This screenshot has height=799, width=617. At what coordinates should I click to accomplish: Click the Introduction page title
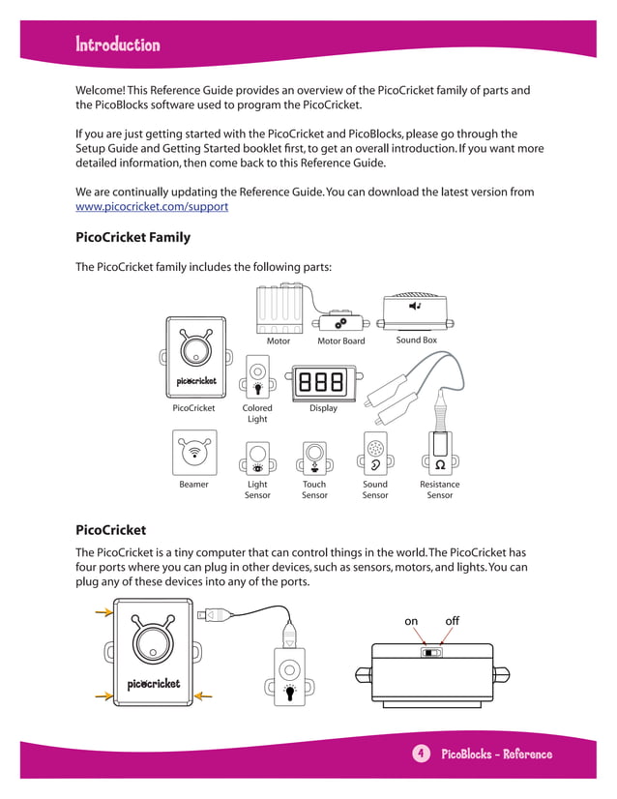(118, 44)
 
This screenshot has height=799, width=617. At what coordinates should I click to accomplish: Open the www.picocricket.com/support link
(152, 207)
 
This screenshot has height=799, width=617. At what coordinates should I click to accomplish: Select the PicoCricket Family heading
(132, 237)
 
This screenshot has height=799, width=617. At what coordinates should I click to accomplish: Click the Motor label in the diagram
(279, 340)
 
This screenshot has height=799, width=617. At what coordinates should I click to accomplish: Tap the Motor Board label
(340, 340)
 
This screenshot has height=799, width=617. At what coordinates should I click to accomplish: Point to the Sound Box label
(416, 340)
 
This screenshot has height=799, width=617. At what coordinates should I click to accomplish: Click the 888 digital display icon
(323, 382)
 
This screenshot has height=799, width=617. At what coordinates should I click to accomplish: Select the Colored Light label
(257, 414)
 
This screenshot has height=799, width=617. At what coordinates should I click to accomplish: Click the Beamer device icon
(194, 452)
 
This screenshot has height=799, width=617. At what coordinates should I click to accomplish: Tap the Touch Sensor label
(314, 489)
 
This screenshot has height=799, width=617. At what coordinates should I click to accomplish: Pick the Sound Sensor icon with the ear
(375, 454)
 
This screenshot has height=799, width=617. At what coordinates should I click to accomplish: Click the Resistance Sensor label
(439, 489)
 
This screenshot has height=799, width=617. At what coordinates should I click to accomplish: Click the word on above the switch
(411, 620)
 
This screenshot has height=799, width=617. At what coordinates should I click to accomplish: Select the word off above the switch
(452, 620)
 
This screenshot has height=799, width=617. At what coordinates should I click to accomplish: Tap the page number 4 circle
(421, 754)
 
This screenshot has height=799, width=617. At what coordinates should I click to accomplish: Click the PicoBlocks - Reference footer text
(496, 755)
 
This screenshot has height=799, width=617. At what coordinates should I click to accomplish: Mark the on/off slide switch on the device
(431, 652)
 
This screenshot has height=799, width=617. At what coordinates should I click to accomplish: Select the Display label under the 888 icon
(323, 408)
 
